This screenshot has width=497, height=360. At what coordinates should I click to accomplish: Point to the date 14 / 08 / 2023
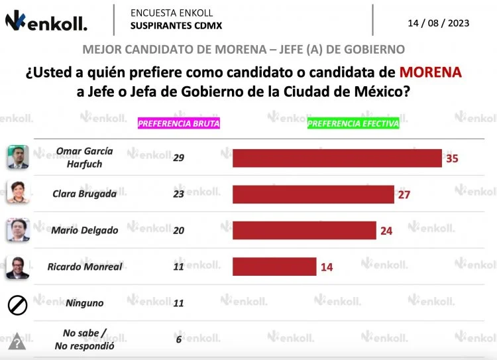coord(438,23)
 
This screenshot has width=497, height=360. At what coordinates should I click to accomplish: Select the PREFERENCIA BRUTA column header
coord(178,123)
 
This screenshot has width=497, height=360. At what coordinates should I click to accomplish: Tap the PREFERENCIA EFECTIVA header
coord(353,123)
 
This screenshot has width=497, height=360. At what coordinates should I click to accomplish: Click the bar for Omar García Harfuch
coord(337,158)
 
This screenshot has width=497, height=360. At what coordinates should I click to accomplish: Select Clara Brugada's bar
coord(313,194)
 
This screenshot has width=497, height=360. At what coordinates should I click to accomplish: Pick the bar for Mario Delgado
coord(304,230)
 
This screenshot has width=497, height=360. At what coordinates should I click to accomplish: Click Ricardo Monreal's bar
coord(274,267)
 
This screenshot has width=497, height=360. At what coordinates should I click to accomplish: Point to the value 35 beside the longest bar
coord(452,159)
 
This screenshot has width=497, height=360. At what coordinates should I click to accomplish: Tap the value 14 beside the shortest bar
coord(326,267)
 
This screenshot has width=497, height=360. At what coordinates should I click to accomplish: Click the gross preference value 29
coord(178,158)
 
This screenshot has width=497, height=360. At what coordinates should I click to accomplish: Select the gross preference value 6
coord(178,339)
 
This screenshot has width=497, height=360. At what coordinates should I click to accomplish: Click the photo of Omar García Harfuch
coord(18,158)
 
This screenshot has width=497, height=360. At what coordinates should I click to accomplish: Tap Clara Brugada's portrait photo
coord(18,193)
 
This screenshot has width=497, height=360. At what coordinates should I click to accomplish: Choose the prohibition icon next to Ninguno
coord(17,305)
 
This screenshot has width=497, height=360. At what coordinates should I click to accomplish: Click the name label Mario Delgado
coord(85,230)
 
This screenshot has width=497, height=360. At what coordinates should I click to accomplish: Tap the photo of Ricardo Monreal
coord(18,267)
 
